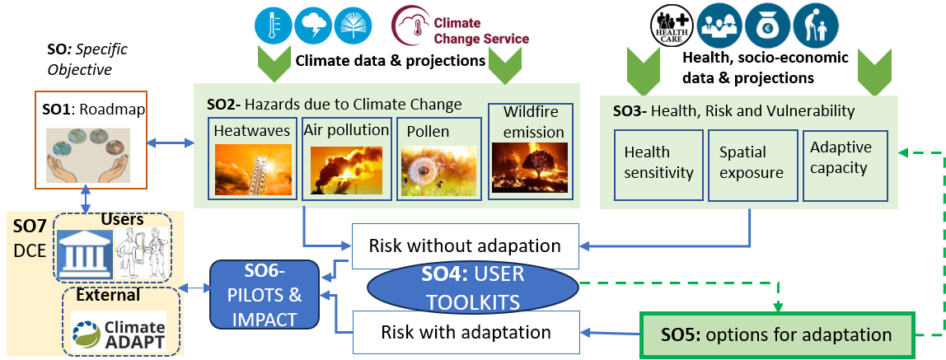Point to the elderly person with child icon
pyautogui.click(x=816, y=26)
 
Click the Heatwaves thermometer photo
pyautogui.click(x=253, y=169)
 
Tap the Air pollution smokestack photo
pyautogui.click(x=346, y=169)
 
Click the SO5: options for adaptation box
pyautogui.click(x=777, y=334)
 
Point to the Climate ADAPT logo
pyautogui.click(x=122, y=332)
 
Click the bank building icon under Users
pyautogui.click(x=84, y=255)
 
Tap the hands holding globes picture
pyautogui.click(x=91, y=151)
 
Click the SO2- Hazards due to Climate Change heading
pyautogui.click(x=335, y=104)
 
